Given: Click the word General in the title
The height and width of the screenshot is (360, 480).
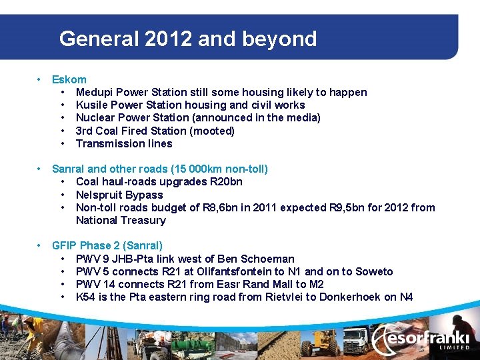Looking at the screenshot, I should coord(94,39).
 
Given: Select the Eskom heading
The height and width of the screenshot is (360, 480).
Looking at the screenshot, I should coord(69,79).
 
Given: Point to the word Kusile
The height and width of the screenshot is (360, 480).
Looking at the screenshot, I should coord(91,105).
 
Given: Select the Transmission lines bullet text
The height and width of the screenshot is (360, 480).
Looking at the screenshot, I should coord(124,143).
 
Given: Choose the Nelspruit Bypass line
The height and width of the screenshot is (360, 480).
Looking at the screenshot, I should coord(119,195).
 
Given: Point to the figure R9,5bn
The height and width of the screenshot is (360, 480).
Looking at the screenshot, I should coord(347,207).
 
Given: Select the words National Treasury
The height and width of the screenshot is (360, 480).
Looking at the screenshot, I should coord(121,220).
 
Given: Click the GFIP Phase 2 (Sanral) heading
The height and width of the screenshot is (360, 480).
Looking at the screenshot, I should coord(107,246).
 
